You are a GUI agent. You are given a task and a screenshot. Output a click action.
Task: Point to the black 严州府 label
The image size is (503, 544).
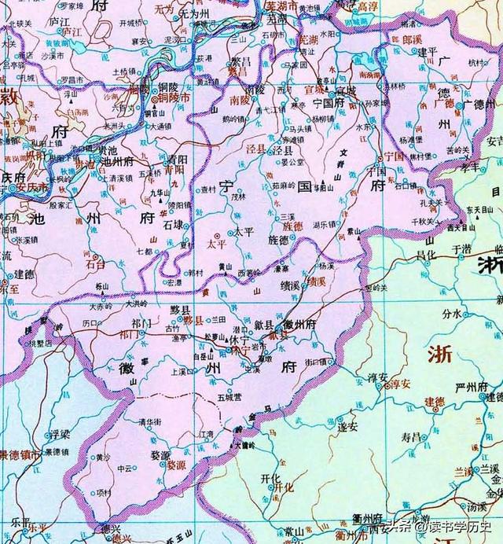(487, 386)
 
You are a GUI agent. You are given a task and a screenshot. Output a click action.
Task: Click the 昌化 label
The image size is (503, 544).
(425, 255)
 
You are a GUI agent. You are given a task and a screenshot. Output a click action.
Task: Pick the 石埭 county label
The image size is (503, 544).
(174, 224)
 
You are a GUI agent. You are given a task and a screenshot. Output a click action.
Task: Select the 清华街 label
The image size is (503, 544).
(149, 421)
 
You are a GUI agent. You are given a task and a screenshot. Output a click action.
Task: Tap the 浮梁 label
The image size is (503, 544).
(60, 433)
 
